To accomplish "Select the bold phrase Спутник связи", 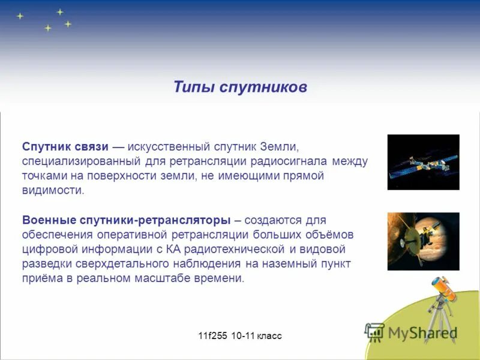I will click(x=65, y=147).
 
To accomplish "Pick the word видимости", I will click(x=53, y=191).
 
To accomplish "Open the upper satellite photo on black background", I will click(x=423, y=162).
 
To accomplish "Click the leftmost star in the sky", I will click(x=20, y=16).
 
